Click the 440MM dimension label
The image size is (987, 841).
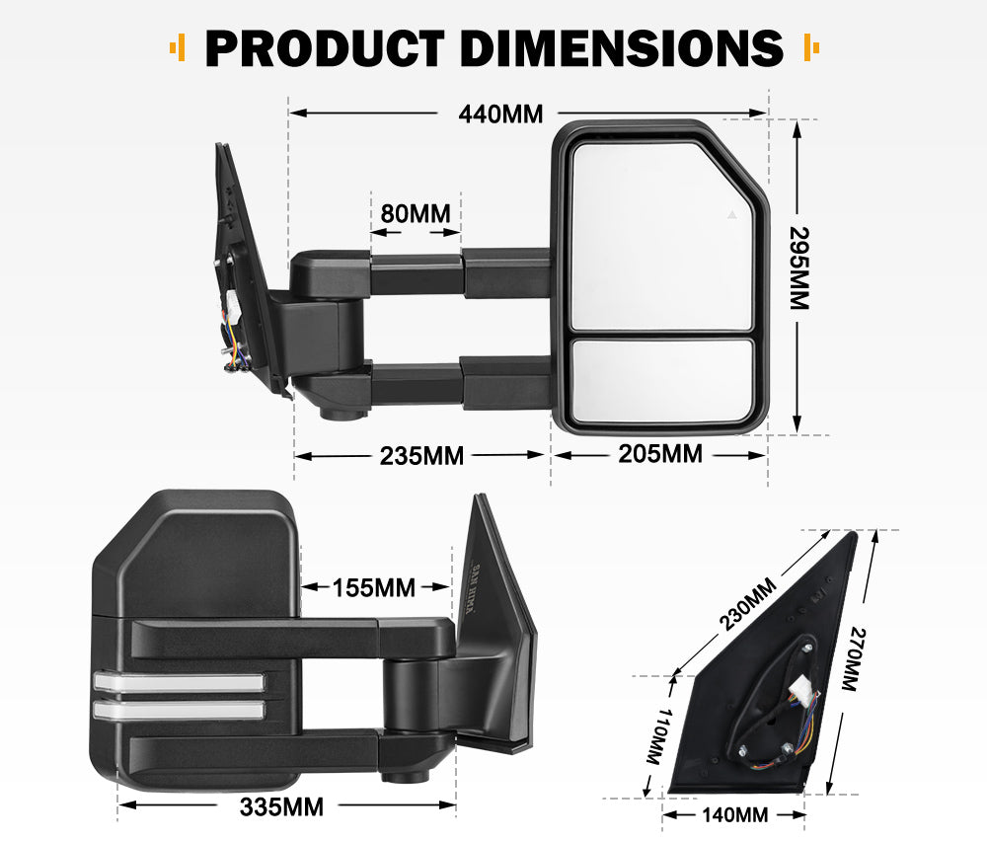point(500,114)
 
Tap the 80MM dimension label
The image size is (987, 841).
point(415,213)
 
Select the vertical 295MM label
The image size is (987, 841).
point(798,268)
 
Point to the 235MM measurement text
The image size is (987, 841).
point(421,456)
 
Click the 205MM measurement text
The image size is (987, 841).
point(660,454)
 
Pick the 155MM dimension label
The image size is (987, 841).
point(373,587)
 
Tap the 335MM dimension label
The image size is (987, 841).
point(281,806)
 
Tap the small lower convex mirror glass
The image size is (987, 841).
point(662,379)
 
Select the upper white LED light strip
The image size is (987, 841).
point(179,681)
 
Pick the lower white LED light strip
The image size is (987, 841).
point(179,709)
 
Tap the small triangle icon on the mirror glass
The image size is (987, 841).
point(731,213)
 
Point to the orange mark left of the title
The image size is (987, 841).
point(178,46)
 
